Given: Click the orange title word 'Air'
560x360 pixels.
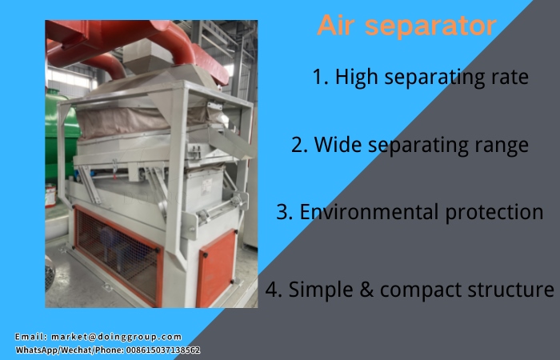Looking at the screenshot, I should [336, 26].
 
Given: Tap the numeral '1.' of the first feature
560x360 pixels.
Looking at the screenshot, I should [321, 77].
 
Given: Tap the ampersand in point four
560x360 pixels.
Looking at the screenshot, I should [367, 289].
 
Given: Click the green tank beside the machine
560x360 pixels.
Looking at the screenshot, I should [60, 144].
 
